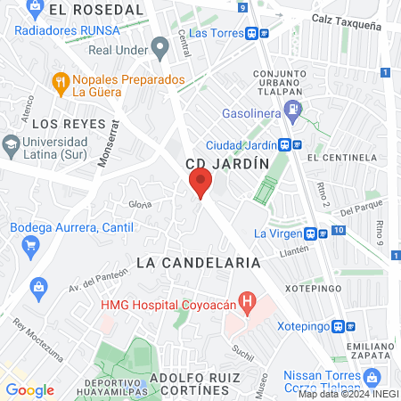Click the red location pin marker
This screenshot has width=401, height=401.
[x=200, y=184]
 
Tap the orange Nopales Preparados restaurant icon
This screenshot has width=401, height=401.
[x=61, y=82]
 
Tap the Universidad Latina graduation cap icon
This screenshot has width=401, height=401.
[x=11, y=143]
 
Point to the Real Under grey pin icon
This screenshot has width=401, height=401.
[x=160, y=45]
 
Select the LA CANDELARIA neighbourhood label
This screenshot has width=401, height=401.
[x=199, y=263]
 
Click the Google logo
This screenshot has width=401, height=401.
[x=29, y=389]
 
